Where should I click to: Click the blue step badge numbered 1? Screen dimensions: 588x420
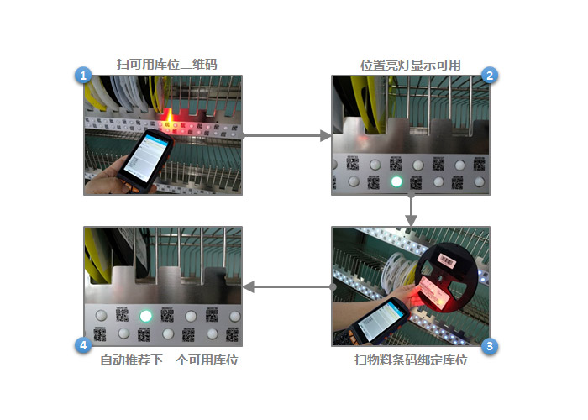83,76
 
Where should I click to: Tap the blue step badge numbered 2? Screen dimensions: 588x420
490,76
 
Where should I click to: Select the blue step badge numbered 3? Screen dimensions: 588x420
490,346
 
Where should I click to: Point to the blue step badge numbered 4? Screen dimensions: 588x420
83,344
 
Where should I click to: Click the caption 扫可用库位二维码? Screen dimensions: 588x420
167,65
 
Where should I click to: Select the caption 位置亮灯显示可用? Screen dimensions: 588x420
411,66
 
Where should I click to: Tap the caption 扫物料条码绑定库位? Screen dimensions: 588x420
412,360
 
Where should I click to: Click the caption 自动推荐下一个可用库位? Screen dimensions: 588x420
170,360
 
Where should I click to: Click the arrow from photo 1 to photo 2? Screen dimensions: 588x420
287,135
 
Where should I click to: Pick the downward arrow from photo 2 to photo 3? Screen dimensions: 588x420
412,210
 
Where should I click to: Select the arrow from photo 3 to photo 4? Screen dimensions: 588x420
288,287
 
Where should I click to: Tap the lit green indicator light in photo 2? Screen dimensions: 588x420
396,182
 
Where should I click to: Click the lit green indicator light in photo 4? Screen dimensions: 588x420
145,316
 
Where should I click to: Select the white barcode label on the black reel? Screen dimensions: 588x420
447,260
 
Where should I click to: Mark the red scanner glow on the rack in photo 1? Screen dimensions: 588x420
169,119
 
